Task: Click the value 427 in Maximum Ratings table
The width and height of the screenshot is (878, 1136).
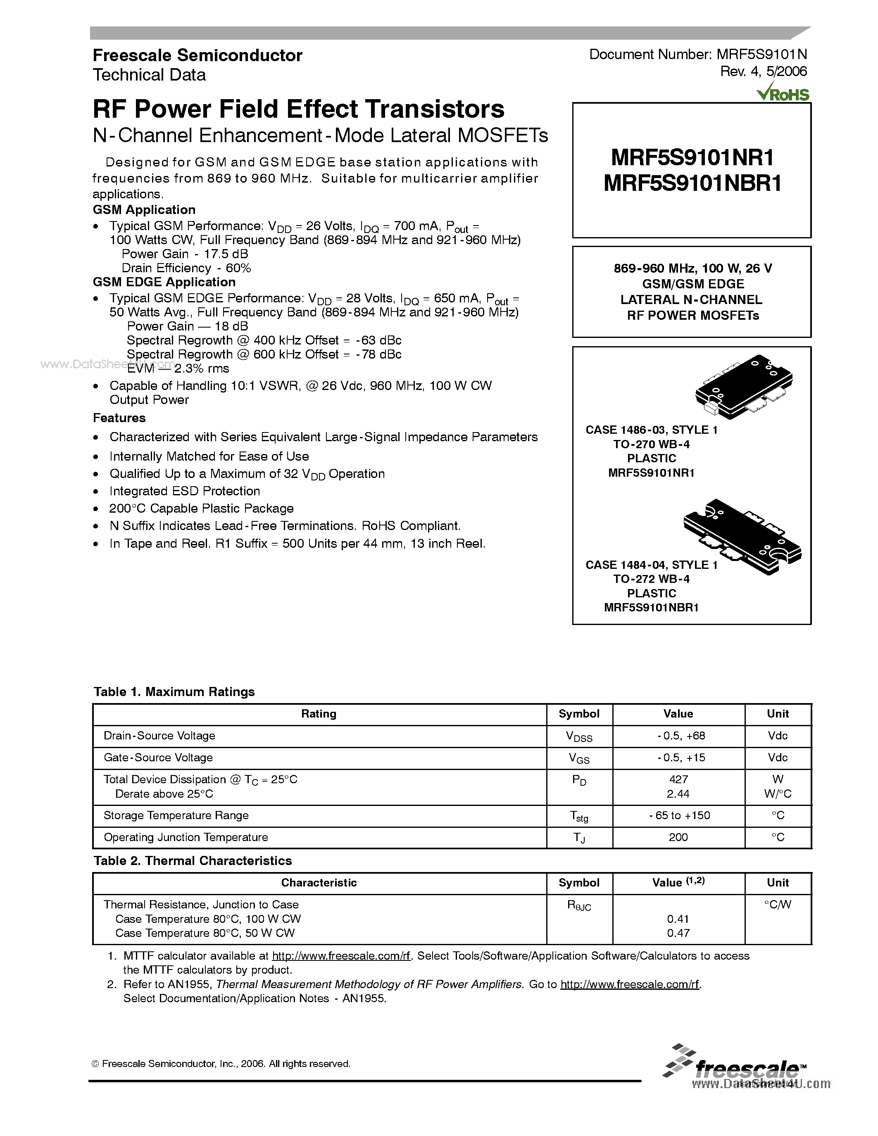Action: [x=678, y=779]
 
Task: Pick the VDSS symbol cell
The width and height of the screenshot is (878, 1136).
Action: [x=578, y=737]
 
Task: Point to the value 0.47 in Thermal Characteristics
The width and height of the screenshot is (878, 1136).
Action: [x=678, y=933]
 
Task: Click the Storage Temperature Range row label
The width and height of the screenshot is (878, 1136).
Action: [x=176, y=815]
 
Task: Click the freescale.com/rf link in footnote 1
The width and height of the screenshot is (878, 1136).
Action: [x=341, y=956]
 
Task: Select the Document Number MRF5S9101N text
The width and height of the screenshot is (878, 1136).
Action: [x=697, y=55]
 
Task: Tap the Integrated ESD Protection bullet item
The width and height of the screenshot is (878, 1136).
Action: [x=184, y=492]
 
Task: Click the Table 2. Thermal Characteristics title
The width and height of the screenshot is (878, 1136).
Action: [x=193, y=861]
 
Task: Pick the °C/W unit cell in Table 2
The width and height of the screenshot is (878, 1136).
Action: [x=777, y=905]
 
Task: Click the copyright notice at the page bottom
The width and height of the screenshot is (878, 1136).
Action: [x=221, y=1064]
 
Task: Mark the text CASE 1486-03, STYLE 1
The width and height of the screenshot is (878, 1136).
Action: [x=651, y=430]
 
